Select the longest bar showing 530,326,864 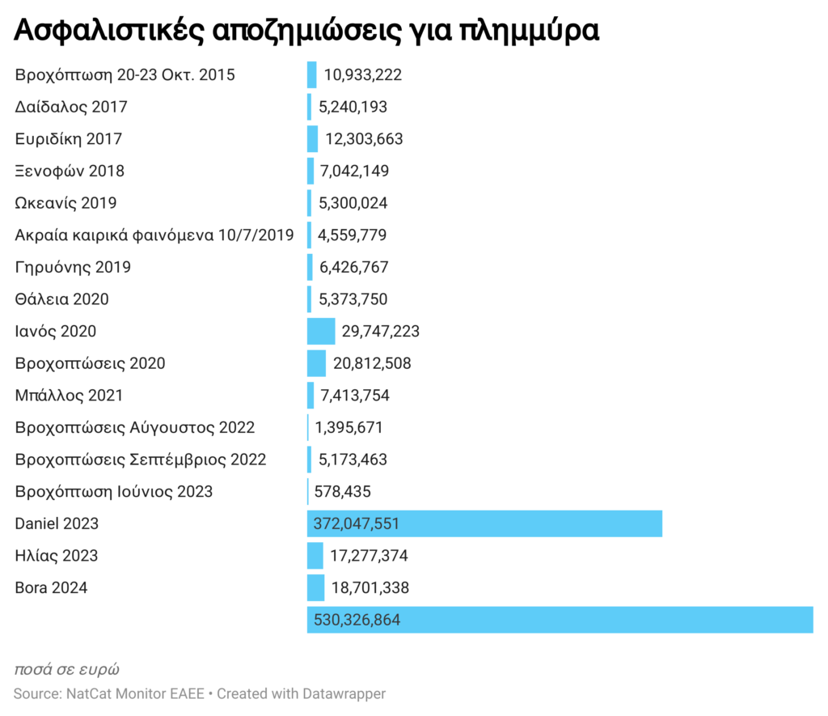tap(560, 620)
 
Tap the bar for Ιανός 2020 tap(320, 331)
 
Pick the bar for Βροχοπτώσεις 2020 tap(316, 363)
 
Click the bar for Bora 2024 tap(315, 587)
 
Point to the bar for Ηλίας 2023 tap(315, 556)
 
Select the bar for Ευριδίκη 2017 tap(312, 138)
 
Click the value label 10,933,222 tap(362, 74)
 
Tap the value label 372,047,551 tap(353, 523)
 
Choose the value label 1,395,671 tap(349, 427)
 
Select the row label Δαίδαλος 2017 tap(71, 107)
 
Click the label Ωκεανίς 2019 tap(65, 202)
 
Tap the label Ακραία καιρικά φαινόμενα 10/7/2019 tap(154, 235)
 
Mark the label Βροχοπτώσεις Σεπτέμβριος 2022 tap(141, 460)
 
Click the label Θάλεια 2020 tap(62, 299)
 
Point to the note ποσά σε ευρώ tap(67, 669)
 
